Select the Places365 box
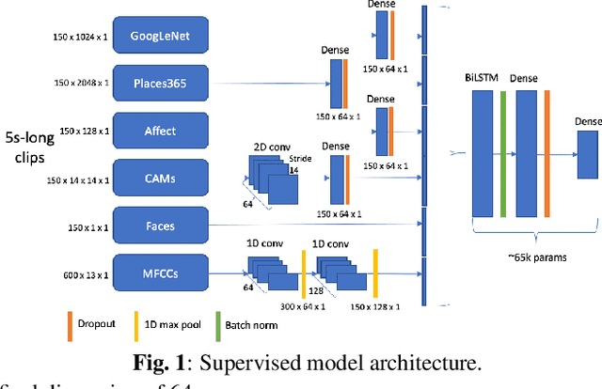(160, 83)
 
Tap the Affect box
(160, 131)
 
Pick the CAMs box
(160, 177)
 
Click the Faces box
(160, 226)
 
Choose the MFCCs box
(160, 272)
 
